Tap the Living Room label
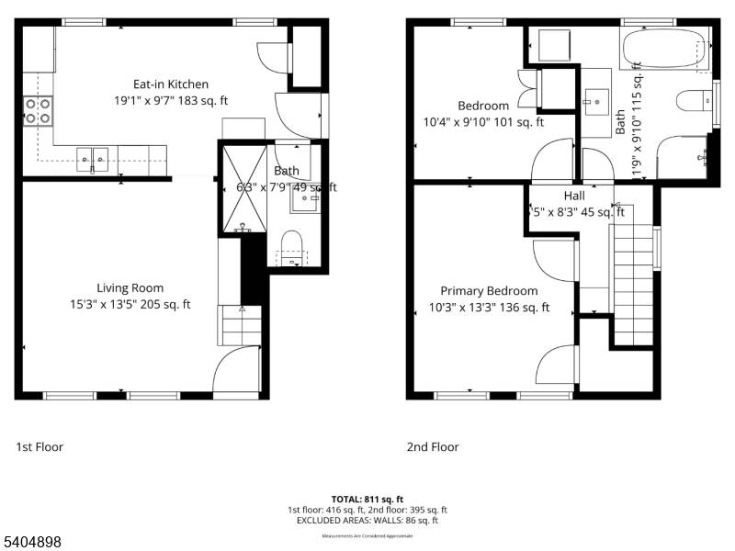[x=130, y=287]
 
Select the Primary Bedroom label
[x=489, y=290]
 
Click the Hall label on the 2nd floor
[x=574, y=196]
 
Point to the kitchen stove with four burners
[x=38, y=111]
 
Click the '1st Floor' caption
[x=40, y=447]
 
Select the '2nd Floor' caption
[x=433, y=447]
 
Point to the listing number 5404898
[x=32, y=542]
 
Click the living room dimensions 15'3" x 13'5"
[x=130, y=305]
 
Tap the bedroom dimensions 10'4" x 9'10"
[x=483, y=122]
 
